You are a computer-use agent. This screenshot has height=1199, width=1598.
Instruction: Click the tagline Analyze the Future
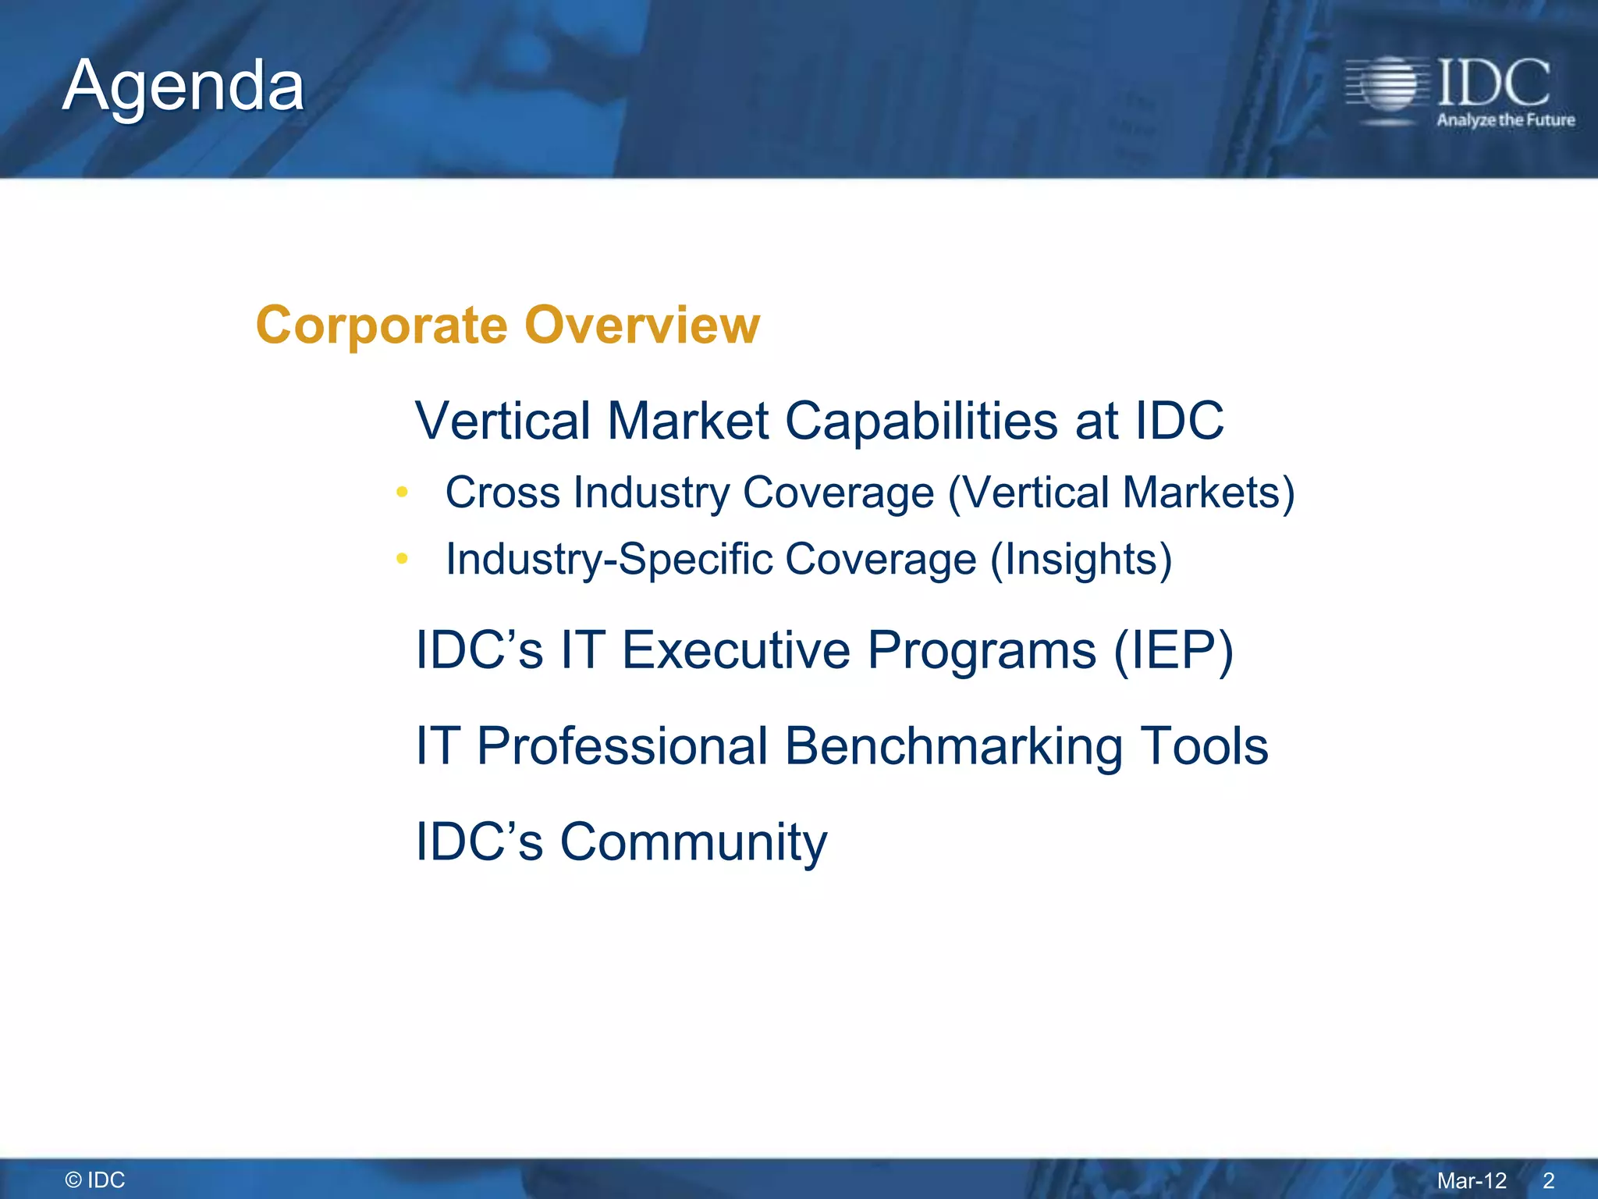pyautogui.click(x=1505, y=120)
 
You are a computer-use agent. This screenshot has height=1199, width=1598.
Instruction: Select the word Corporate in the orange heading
pyautogui.click(x=382, y=325)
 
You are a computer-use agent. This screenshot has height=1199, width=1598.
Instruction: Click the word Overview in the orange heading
pyautogui.click(x=642, y=325)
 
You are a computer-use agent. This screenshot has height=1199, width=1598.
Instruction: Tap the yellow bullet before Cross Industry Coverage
pyautogui.click(x=402, y=492)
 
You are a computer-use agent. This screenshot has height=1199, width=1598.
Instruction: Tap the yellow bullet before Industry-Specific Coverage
pyautogui.click(x=402, y=558)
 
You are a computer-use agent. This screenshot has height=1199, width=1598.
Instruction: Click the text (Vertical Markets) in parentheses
pyautogui.click(x=1121, y=493)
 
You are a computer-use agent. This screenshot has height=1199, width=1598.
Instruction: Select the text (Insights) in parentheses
pyautogui.click(x=1081, y=560)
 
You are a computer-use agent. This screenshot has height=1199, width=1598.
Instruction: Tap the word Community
pyautogui.click(x=693, y=843)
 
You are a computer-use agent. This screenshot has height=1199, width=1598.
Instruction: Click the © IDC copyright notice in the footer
pyautogui.click(x=95, y=1179)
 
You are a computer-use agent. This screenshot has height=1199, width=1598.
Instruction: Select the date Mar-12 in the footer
pyautogui.click(x=1472, y=1180)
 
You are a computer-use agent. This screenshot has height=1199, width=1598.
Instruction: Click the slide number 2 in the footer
pyautogui.click(x=1549, y=1180)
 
